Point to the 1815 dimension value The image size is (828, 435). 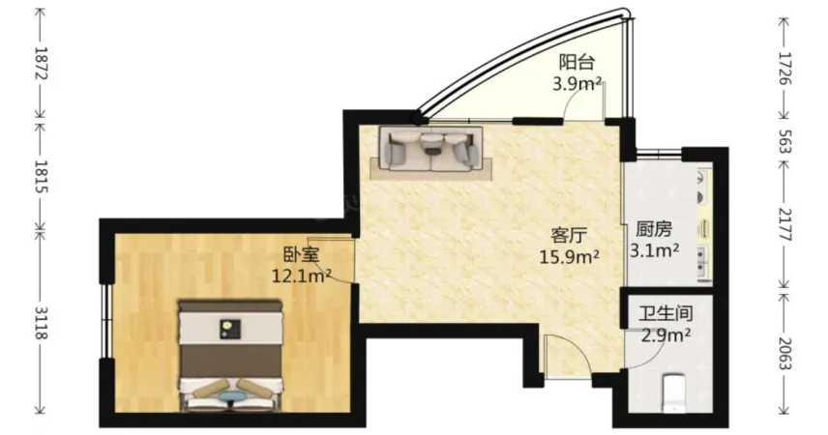point(41,177)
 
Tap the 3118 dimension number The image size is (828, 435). point(41,322)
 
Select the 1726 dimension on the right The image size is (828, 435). point(784,68)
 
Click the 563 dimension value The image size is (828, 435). point(784,140)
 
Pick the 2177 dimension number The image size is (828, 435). point(784,224)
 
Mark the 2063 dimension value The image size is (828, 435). point(784,354)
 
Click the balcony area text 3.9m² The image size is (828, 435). point(577,83)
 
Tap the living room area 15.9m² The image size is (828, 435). point(569,256)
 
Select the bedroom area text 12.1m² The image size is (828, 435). point(302,275)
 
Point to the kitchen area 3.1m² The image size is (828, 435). point(654,249)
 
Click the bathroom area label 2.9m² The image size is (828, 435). point(665,334)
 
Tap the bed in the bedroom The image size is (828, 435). point(229,357)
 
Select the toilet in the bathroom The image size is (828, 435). point(674,392)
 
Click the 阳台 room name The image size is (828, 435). point(577,62)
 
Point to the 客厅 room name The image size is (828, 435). point(569,236)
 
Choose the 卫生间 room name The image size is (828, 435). point(665,313)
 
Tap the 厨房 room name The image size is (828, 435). point(654,229)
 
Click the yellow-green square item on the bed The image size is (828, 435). point(230,330)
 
